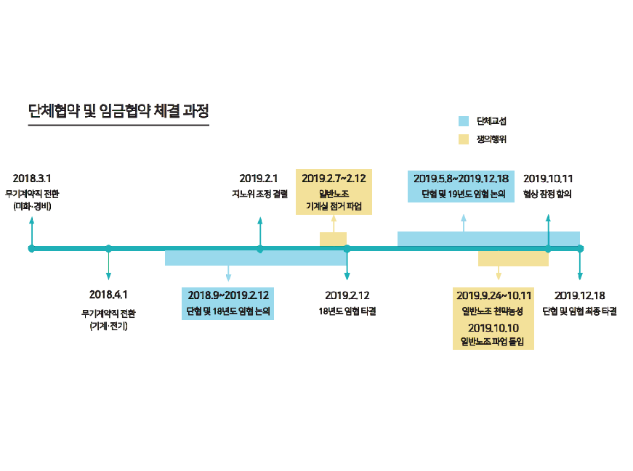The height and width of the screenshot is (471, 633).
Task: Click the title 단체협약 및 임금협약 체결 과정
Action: tap(118, 112)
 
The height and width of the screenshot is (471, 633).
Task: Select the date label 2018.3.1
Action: tap(32, 178)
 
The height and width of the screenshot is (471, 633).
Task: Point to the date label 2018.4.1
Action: tap(108, 295)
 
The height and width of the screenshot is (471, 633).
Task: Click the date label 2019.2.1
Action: tap(259, 178)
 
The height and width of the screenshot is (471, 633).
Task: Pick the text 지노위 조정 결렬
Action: tap(259, 194)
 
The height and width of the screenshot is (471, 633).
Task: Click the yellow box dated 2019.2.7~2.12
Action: tap(334, 192)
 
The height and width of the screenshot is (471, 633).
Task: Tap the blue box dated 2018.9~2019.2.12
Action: tap(227, 303)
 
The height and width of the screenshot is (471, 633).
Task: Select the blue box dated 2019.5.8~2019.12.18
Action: tap(461, 185)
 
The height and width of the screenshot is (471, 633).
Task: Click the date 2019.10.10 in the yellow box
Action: tap(493, 327)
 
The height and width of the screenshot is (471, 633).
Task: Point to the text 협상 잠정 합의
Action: tap(547, 194)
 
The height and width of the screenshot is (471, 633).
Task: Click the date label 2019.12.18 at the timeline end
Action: tap(579, 295)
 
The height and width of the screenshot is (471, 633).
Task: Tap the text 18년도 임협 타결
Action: tap(347, 311)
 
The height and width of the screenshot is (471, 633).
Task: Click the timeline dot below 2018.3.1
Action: tap(31, 249)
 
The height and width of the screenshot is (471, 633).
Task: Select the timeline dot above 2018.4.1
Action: tap(108, 249)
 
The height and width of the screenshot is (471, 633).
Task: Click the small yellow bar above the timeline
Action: tap(333, 239)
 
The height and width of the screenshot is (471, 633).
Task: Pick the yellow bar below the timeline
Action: tap(512, 259)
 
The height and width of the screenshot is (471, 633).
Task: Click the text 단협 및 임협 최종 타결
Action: tap(579, 311)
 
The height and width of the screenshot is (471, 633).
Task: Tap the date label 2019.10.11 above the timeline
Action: tap(548, 178)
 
